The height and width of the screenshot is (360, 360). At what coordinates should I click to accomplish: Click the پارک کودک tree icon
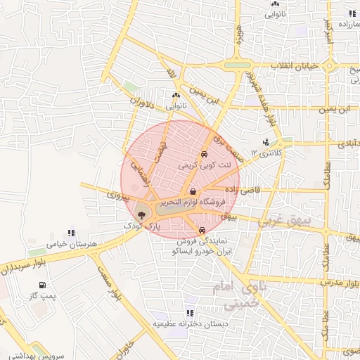tap(142, 215)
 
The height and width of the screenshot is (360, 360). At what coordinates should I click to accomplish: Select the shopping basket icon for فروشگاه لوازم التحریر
tap(193, 191)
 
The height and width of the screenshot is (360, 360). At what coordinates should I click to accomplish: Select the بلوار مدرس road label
tap(341, 281)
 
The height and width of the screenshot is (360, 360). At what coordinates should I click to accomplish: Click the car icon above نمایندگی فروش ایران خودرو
tap(202, 231)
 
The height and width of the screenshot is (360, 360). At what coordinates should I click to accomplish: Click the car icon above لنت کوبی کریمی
tap(204, 154)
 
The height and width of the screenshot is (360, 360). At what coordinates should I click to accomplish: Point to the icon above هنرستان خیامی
tap(70, 232)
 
